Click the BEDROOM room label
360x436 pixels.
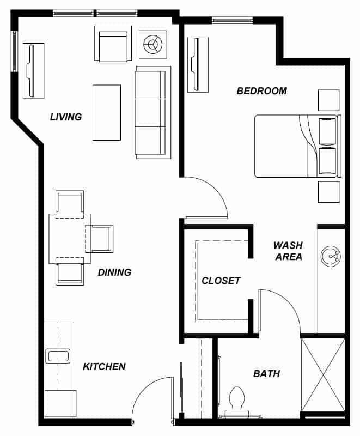tap(261, 91)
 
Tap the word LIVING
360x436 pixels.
tap(66, 117)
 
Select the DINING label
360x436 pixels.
tap(114, 272)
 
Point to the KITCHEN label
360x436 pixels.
tap(104, 366)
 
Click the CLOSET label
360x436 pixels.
tap(221, 281)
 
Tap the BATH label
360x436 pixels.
tap(266, 373)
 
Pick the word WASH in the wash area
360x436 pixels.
tap(288, 245)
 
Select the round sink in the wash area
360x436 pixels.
tap(331, 256)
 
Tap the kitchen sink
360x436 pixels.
tap(58, 356)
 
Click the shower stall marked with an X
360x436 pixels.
tap(323, 375)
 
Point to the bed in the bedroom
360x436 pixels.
tap(298, 146)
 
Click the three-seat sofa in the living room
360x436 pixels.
tap(153, 113)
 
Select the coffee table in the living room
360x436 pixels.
tap(107, 112)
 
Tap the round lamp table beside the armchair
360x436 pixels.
tap(153, 44)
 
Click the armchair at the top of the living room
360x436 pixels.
tap(113, 44)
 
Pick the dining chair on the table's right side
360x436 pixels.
tap(99, 239)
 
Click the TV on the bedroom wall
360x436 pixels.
tap(198, 64)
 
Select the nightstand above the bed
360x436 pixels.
tap(328, 100)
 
